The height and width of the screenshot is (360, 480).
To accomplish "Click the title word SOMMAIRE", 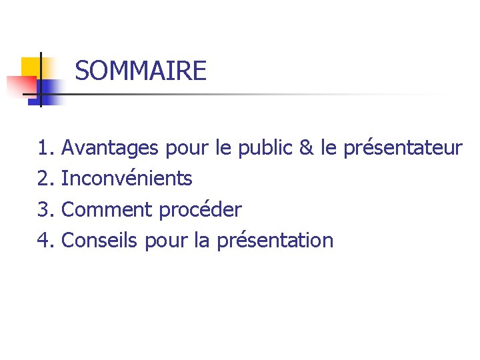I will coord(141,71).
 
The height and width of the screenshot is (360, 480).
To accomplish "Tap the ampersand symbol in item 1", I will coord(307,148).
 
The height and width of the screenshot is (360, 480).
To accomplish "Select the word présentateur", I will coord(403,148).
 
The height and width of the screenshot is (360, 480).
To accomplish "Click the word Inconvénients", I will coord(127,179).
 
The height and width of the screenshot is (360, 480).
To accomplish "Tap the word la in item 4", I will coord(203,240).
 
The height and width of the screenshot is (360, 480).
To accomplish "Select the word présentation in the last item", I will coord(275,241).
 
